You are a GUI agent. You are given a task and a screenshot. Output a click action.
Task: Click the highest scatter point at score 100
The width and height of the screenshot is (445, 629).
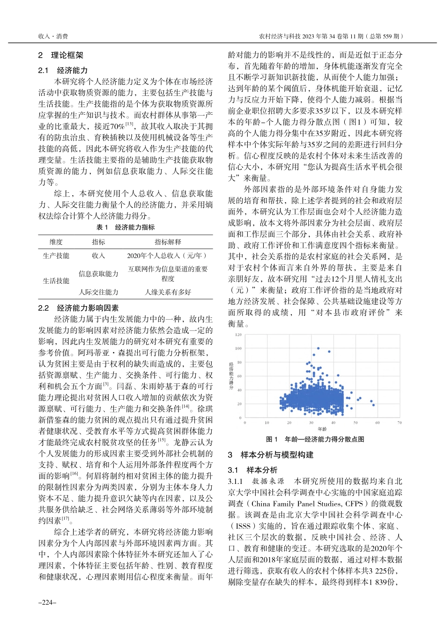point(319,348)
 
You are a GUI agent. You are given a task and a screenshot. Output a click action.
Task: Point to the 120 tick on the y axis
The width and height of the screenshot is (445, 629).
point(238,335)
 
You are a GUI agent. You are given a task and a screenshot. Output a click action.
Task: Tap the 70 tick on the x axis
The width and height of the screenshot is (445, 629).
point(400,423)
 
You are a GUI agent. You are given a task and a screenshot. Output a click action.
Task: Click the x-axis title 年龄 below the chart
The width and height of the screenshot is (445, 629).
point(322,429)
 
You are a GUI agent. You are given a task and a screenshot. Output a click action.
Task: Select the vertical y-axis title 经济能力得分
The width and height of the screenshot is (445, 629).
point(231,375)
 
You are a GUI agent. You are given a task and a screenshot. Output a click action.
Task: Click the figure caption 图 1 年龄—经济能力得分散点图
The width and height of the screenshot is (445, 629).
point(315,439)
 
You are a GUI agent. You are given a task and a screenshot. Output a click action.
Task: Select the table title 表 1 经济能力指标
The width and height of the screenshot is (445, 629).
point(125,227)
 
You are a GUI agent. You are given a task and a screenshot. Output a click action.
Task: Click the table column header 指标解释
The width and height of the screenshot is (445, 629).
point(168,242)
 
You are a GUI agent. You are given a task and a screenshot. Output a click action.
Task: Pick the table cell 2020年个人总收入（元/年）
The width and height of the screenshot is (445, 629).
point(168,256)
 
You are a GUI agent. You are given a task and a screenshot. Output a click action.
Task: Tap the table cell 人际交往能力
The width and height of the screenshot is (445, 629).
point(98,292)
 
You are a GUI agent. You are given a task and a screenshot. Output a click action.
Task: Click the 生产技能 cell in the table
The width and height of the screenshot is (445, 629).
point(56,256)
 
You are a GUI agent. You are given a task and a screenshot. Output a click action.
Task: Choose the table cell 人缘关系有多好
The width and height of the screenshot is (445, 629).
point(168,292)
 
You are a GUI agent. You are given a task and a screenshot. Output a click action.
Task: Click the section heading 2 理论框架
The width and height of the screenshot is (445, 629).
point(61,55)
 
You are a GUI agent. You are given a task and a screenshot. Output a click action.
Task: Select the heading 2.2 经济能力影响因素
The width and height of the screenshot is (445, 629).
point(78,308)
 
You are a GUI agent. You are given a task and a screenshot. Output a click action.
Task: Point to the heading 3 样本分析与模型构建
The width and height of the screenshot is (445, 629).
point(271,455)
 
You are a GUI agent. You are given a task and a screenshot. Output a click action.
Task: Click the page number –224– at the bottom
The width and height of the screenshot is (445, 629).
point(47,603)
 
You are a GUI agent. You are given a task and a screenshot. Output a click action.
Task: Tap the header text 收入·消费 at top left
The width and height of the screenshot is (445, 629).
point(53,36)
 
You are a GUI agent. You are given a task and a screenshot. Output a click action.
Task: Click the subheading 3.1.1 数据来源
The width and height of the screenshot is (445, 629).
point(256,481)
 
